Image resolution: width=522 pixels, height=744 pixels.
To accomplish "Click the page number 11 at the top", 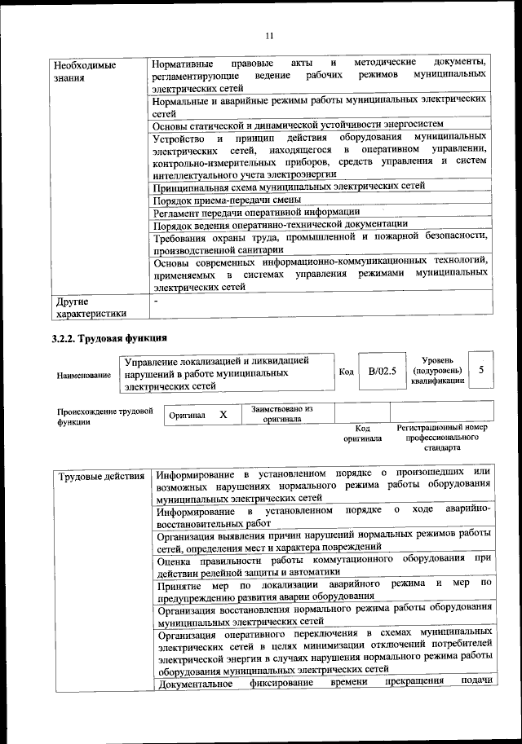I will coord(271,35).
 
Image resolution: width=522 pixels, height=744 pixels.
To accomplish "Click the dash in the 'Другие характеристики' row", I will coord(157,302).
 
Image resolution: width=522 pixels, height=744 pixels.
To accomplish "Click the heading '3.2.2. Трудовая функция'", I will coord(109,337).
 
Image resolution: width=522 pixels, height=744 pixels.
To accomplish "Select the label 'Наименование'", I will coord(84,375).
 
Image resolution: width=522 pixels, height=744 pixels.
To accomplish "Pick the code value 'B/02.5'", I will coord(382,371).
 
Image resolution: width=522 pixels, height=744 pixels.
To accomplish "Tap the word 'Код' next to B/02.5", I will coord(346,372).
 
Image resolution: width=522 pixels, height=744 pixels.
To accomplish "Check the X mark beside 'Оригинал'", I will coord(223,415).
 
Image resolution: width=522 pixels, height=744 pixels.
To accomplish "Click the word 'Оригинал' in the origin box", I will coord(187,416).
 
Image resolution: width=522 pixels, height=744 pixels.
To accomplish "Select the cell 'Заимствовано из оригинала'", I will coord(283,414).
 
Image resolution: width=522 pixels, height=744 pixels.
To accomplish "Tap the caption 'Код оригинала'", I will coord(363,433).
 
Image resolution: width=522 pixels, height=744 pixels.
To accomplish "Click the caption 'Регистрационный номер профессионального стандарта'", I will coord(441,438).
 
